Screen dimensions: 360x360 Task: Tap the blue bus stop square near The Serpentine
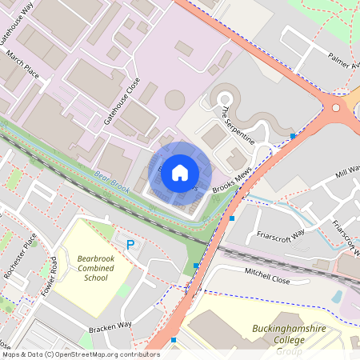click(294, 137)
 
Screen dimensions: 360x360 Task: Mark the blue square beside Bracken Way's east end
click(174, 340)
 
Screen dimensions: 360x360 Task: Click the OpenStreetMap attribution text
click(81, 354)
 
